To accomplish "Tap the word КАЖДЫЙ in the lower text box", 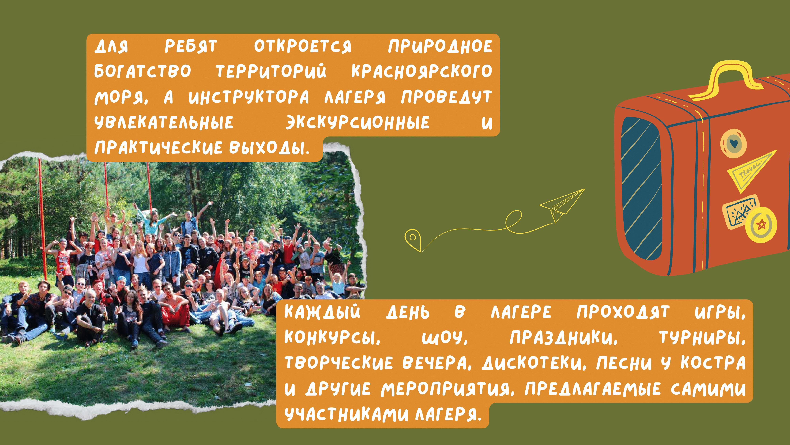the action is [x=322, y=312].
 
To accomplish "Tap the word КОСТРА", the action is [x=713, y=363].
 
